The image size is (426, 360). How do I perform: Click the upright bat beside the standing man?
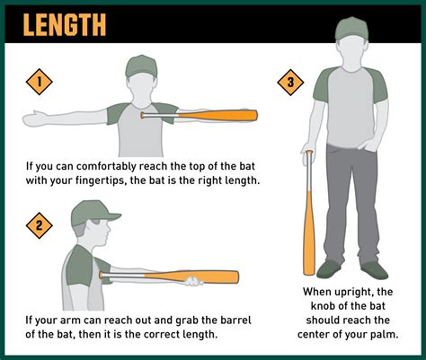tap(308, 215)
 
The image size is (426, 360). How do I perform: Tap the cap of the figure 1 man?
tap(142, 66)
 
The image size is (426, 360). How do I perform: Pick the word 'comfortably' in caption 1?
tap(117, 164)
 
